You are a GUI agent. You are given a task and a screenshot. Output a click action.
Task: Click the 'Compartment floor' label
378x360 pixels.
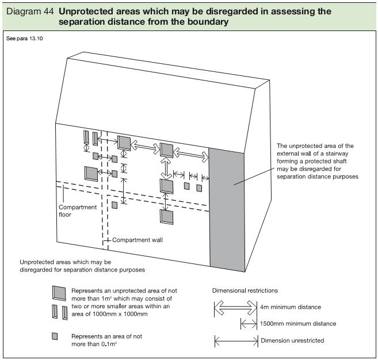(x=78, y=211)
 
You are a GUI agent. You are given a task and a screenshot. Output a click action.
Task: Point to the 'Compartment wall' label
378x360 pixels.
(x=137, y=240)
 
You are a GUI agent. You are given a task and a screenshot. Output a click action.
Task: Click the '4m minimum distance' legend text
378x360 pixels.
(x=291, y=307)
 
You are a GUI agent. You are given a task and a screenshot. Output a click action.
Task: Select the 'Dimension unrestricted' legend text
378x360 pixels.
(x=292, y=340)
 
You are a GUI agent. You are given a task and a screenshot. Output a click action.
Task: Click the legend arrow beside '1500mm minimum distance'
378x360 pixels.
(x=249, y=324)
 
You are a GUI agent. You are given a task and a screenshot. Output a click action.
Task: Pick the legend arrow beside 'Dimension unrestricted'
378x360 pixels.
(x=235, y=341)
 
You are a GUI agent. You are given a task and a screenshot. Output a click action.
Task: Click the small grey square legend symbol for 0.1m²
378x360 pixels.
(x=56, y=336)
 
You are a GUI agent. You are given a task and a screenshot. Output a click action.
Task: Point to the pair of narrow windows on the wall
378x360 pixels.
(x=89, y=138)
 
